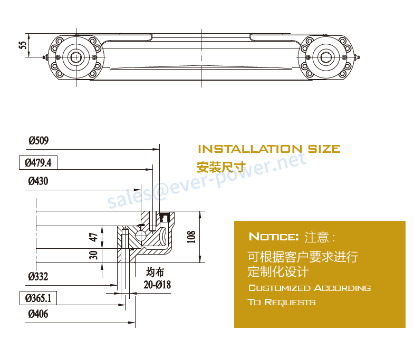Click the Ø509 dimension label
click(x=38, y=140)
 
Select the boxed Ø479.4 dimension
click(x=38, y=162)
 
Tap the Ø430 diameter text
click(x=38, y=181)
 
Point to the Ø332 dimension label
click(x=38, y=277)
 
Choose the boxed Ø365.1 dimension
click(x=38, y=298)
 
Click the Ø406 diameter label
click(x=38, y=314)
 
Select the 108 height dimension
click(x=191, y=237)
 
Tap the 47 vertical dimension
click(x=93, y=237)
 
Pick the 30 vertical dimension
click(x=93, y=255)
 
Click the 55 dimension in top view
click(x=23, y=45)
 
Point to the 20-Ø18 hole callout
click(x=157, y=285)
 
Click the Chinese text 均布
click(x=155, y=272)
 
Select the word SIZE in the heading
click(x=324, y=149)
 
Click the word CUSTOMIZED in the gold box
click(x=280, y=288)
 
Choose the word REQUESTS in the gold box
click(x=290, y=302)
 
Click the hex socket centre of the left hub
click(x=76, y=57)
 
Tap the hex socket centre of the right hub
click(x=326, y=57)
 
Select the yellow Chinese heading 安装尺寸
click(x=222, y=167)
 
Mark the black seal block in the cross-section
click(x=165, y=217)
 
